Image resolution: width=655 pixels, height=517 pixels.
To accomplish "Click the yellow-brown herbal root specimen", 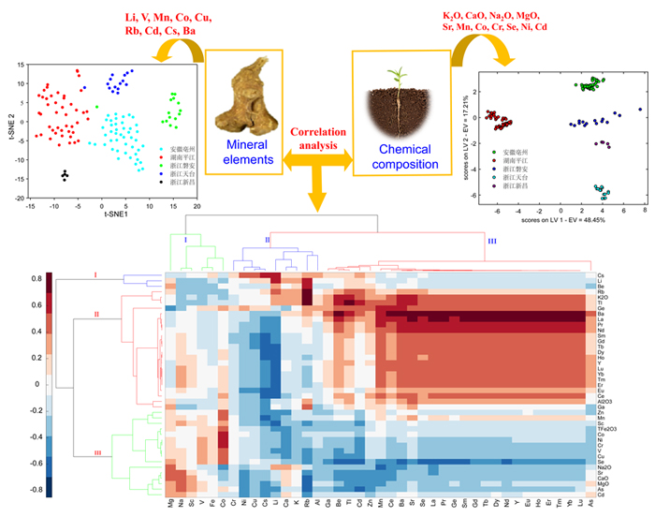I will coord(244,94).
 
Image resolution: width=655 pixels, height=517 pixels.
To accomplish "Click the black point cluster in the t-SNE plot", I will coord(65,175).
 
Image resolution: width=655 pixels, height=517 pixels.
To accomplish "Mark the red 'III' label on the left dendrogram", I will coord(97,452).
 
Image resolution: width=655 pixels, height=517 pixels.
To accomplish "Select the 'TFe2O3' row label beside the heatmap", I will coord(605,428).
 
